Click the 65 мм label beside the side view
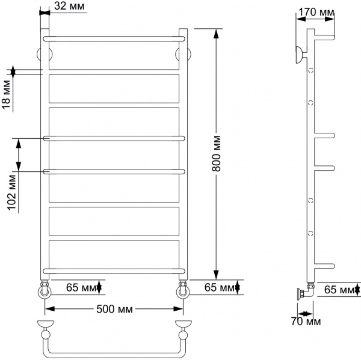pos(338,289)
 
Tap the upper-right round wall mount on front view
pos(182,55)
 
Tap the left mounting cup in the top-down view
pos(45,328)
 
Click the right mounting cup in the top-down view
pos(182,328)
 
